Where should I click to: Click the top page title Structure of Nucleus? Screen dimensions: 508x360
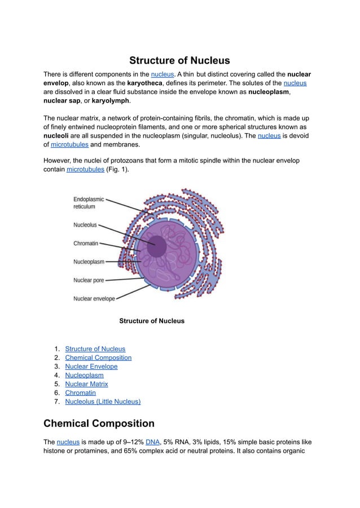click(x=179, y=60)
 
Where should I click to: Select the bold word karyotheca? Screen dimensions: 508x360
click(x=146, y=83)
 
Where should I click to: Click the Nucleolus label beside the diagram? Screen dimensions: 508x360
click(x=85, y=224)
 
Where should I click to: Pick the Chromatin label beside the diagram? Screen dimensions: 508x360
click(x=86, y=244)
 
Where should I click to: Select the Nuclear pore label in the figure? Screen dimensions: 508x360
click(x=89, y=280)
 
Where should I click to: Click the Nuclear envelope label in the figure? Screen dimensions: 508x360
click(x=94, y=298)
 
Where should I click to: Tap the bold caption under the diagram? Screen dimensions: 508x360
click(x=152, y=321)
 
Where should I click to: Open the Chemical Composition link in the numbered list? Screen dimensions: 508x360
click(x=98, y=357)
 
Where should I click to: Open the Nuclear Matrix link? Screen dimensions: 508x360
click(x=86, y=384)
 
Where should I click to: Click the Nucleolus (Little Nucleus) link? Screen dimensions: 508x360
click(x=103, y=401)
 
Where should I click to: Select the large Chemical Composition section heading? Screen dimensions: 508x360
click(x=99, y=423)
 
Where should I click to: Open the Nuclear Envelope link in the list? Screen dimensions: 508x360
click(x=91, y=366)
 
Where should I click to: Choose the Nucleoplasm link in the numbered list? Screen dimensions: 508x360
click(x=84, y=375)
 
